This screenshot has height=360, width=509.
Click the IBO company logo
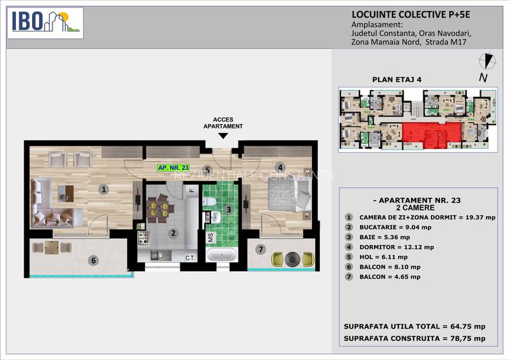[45, 22]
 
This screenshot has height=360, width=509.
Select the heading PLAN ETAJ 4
[396, 80]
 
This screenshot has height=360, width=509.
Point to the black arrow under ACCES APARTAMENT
[223, 136]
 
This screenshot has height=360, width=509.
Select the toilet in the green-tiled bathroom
[208, 203]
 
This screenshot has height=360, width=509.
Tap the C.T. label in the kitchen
[190, 258]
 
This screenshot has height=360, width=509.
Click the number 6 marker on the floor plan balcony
[94, 260]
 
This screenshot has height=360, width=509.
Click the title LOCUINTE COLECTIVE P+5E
[403, 14]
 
